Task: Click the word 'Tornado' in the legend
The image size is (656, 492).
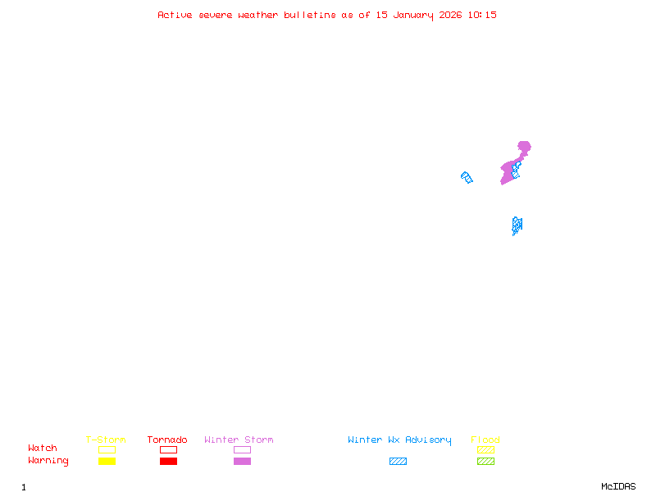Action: pyautogui.click(x=167, y=440)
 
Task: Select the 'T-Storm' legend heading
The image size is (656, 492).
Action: pyautogui.click(x=106, y=440)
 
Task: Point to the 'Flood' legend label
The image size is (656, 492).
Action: pyautogui.click(x=485, y=440)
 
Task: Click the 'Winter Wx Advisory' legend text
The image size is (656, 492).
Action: pyautogui.click(x=399, y=440)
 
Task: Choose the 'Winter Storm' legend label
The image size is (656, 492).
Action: pyautogui.click(x=239, y=440)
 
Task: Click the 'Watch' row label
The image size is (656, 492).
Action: pyautogui.click(x=43, y=449)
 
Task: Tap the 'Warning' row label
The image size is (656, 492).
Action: pyautogui.click(x=48, y=461)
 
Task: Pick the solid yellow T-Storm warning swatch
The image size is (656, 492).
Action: pyautogui.click(x=107, y=462)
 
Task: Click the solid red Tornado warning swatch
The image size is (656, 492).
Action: pyautogui.click(x=168, y=462)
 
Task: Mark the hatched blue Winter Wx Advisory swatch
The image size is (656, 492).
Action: pyautogui.click(x=398, y=462)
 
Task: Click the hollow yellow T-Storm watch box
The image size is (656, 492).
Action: pyautogui.click(x=107, y=449)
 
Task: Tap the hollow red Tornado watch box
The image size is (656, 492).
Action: pyautogui.click(x=168, y=449)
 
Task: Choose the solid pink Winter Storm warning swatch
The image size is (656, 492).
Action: pyautogui.click(x=242, y=462)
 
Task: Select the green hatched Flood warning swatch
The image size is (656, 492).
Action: pyautogui.click(x=485, y=462)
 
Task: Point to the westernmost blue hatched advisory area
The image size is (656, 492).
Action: pyautogui.click(x=467, y=177)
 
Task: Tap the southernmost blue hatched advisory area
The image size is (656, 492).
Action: pyautogui.click(x=517, y=225)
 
